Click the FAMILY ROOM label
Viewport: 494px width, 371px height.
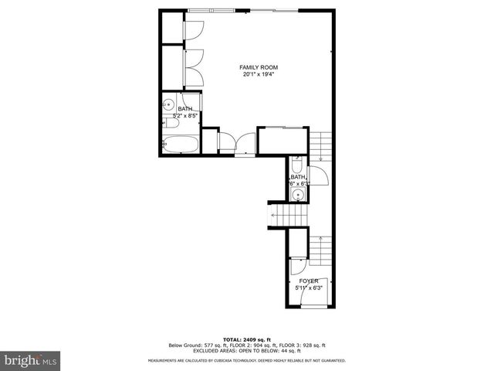click(x=258, y=67)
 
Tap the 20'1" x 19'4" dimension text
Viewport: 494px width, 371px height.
click(x=258, y=75)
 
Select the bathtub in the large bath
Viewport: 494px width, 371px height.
click(x=181, y=145)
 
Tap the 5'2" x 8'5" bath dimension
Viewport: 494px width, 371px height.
click(x=186, y=116)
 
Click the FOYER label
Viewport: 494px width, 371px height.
click(x=309, y=281)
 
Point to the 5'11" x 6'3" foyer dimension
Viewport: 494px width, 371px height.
click(x=309, y=288)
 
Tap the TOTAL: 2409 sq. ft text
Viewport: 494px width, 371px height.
click(x=246, y=339)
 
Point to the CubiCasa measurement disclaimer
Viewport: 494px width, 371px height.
click(x=247, y=361)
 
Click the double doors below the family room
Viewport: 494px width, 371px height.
click(x=235, y=142)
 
